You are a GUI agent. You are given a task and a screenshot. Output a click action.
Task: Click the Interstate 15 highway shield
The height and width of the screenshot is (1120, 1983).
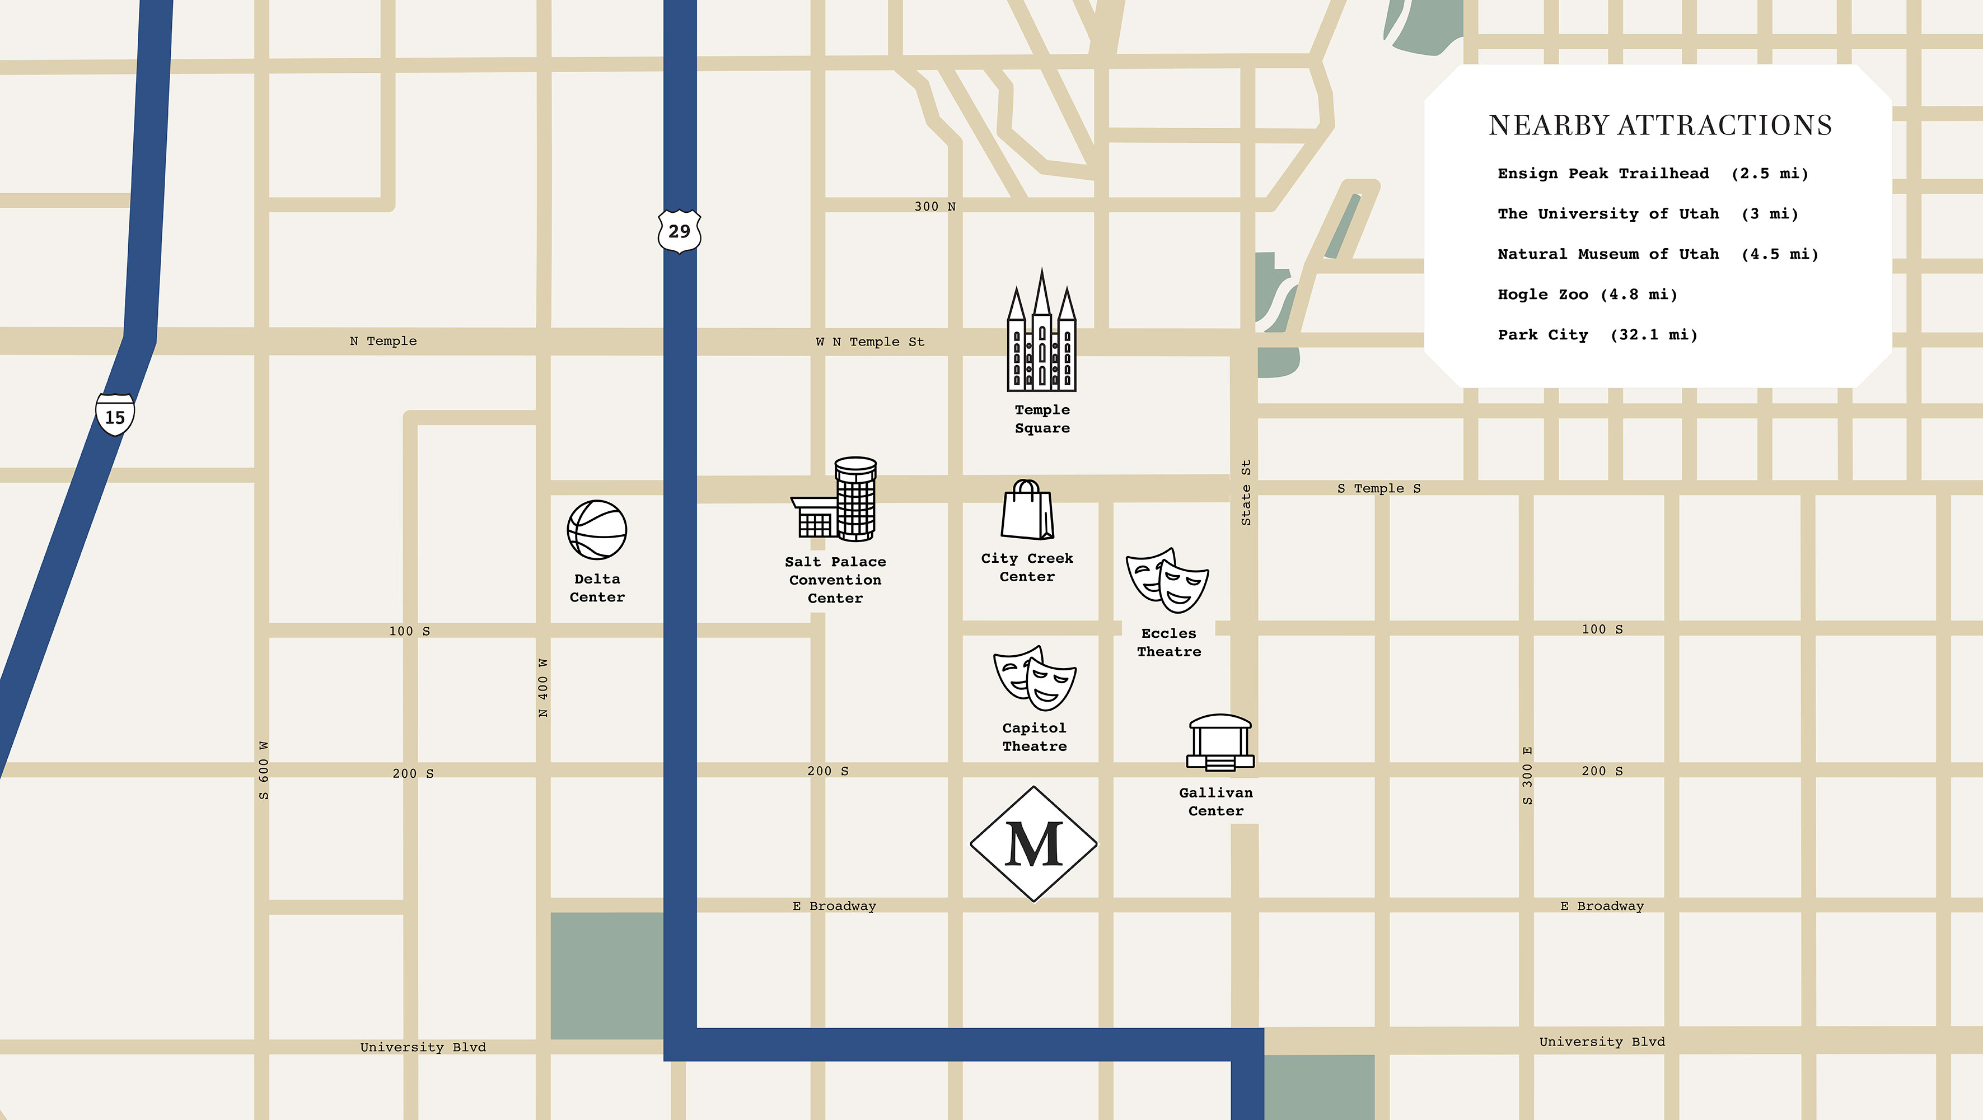coord(115,415)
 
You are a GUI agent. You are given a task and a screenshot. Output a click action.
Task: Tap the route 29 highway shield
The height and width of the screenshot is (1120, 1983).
coord(679,230)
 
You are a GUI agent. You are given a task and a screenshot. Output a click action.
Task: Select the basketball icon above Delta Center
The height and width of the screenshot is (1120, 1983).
coord(597,530)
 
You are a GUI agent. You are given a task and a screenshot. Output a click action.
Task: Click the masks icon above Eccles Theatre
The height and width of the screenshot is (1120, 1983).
coord(1167,580)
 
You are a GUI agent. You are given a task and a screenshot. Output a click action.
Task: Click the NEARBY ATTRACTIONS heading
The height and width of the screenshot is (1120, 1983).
coord(1659,125)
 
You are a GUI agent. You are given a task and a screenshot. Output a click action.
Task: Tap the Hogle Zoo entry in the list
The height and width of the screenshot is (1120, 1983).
coord(1587,294)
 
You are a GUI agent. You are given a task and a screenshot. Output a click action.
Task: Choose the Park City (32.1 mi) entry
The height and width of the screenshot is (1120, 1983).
coord(1597,335)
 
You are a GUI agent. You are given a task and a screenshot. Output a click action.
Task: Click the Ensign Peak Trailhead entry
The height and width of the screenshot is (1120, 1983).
coord(1652,173)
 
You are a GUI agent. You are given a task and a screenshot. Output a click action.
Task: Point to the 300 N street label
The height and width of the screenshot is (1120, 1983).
coord(934,206)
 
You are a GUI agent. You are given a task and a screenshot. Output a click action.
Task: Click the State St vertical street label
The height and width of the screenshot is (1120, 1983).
coord(1246,493)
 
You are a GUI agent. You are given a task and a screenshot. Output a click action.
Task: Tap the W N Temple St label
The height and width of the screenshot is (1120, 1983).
coord(870,342)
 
